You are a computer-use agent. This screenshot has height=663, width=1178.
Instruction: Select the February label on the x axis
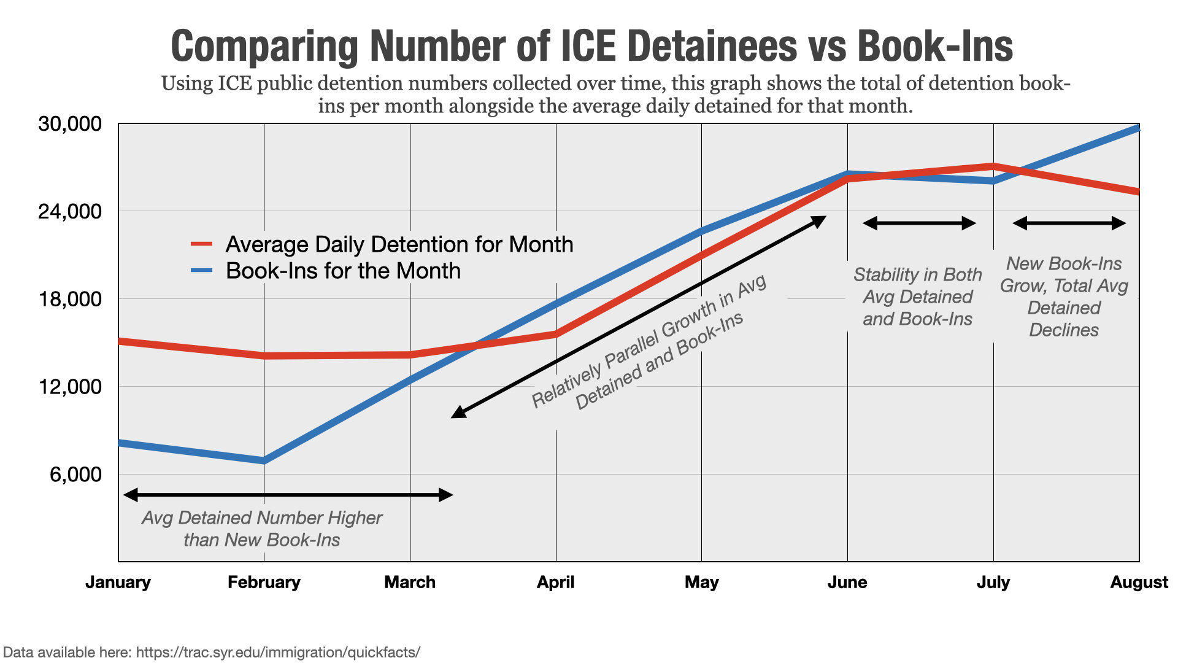click(x=264, y=582)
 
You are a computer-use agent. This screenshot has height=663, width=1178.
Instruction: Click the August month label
click(x=1139, y=582)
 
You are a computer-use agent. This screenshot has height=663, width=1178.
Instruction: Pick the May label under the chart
click(x=701, y=582)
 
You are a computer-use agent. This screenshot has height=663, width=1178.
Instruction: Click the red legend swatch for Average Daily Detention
click(x=202, y=244)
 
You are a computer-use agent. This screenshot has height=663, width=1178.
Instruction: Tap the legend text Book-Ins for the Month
click(x=343, y=271)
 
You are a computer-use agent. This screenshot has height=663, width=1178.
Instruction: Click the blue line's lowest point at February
click(x=264, y=460)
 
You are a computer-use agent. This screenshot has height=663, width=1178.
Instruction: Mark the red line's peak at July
click(x=993, y=166)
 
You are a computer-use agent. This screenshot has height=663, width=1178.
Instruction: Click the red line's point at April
click(x=556, y=334)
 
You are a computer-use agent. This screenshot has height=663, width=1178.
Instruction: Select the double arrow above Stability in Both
click(x=918, y=223)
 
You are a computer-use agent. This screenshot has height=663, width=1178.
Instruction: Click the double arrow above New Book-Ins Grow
click(x=1069, y=223)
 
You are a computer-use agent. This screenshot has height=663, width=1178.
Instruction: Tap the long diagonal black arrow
click(x=638, y=317)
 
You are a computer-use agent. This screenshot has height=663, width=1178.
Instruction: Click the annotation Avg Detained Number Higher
click(x=262, y=518)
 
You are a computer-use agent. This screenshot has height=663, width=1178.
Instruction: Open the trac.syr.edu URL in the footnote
click(x=278, y=652)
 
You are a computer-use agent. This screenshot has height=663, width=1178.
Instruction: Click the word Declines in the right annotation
click(x=1063, y=330)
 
